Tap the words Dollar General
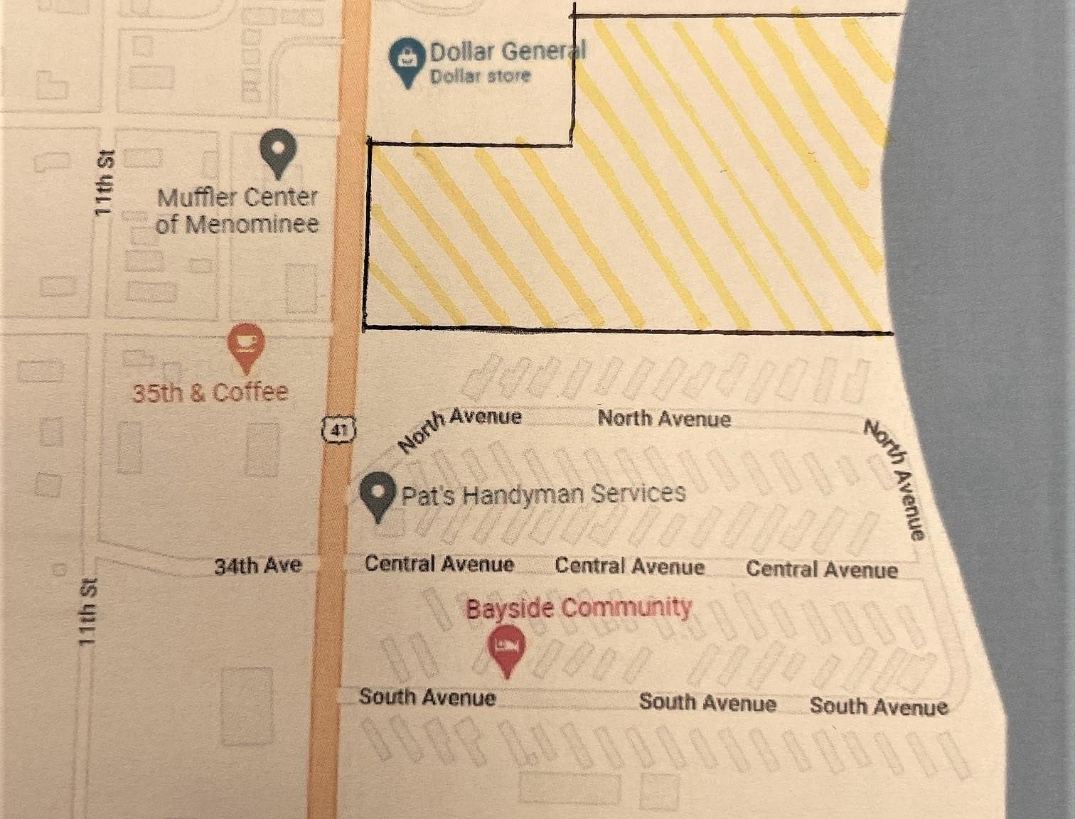point(508,51)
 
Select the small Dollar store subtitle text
point(481,76)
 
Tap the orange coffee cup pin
point(245,346)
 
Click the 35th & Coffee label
point(210,392)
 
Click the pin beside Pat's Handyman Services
point(378,496)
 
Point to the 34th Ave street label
point(258,566)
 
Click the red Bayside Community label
point(578,608)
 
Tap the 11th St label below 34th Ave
point(87,612)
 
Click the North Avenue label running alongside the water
point(895,480)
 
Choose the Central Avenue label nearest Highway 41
point(439,564)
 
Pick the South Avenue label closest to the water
point(878,706)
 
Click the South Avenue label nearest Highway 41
point(427,697)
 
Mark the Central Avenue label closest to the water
point(822,569)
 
